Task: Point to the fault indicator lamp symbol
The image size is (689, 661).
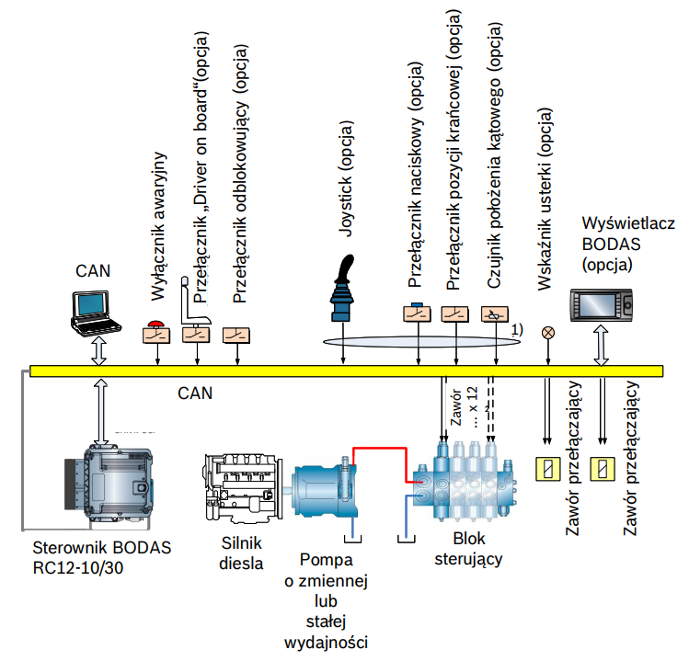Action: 549,332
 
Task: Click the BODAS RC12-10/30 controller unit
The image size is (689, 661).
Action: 108,484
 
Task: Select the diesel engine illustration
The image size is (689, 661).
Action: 241,486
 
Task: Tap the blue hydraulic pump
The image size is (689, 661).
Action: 323,488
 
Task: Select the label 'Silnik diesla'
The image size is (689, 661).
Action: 243,553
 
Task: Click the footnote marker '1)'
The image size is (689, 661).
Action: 517,328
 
